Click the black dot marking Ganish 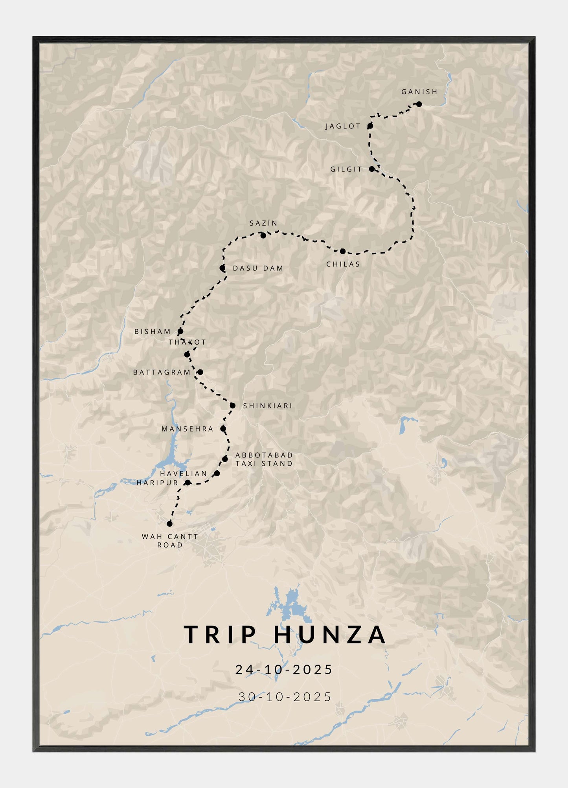(x=419, y=104)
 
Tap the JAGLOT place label (x=343, y=126)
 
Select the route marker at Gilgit (x=372, y=169)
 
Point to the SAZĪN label (x=263, y=223)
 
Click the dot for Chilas (x=342, y=251)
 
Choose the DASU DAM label (x=258, y=268)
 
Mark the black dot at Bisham (x=180, y=331)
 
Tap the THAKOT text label (x=187, y=342)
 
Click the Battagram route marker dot (x=200, y=372)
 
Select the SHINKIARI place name (x=267, y=406)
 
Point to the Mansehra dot (x=223, y=429)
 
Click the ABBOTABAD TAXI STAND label (x=264, y=459)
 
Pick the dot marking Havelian (x=217, y=473)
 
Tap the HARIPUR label (x=157, y=483)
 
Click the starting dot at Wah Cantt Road (x=169, y=523)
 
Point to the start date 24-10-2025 (x=284, y=670)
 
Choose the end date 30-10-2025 (x=285, y=697)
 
